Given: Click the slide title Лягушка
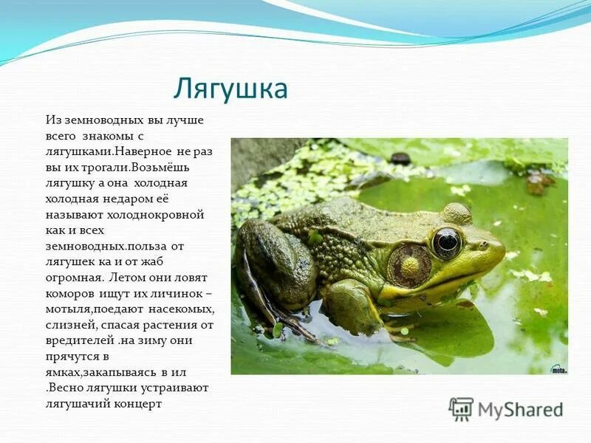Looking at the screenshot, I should pos(230,89).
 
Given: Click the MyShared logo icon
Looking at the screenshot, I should pos(461,409).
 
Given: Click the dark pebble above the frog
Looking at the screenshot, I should pos(400,158).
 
